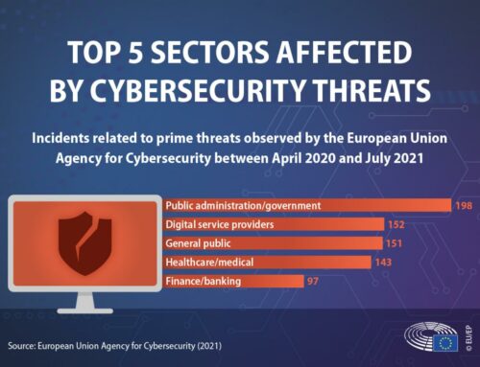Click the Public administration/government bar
[x=307, y=205]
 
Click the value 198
[x=464, y=205]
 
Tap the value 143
[x=384, y=263]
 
